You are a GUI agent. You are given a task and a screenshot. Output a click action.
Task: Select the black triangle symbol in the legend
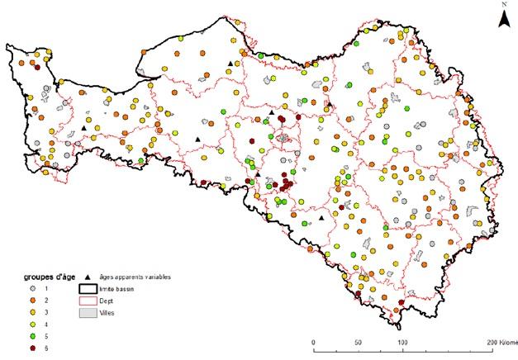pos(87,277)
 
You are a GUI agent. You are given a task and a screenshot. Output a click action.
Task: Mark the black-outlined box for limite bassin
pos(88,289)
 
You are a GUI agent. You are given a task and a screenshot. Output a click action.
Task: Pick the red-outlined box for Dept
pos(88,301)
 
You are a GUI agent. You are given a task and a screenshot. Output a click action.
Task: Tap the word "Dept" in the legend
pos(107,301)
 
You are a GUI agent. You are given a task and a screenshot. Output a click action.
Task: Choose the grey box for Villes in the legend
pos(88,314)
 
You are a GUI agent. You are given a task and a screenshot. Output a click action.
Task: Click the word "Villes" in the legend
pos(108,314)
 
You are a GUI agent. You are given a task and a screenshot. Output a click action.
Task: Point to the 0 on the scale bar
pos(313,340)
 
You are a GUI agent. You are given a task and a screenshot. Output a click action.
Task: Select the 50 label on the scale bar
pos(358,340)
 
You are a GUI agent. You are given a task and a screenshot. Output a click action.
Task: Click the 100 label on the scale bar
pos(402,340)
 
